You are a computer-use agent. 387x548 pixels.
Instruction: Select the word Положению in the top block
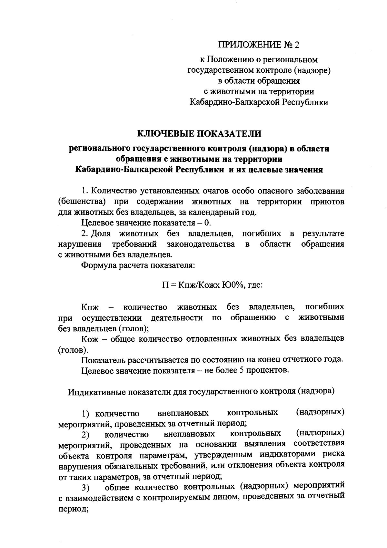point(230,60)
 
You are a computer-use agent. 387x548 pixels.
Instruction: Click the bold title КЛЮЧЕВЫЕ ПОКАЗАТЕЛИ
point(199,133)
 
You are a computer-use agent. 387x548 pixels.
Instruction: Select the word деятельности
point(177,317)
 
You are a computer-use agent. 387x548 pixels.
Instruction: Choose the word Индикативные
point(97,391)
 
